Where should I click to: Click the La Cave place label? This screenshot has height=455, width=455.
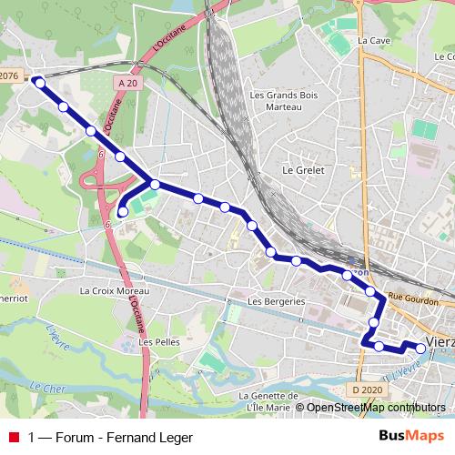[373, 41]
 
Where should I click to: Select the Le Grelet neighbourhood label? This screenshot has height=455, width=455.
[303, 169]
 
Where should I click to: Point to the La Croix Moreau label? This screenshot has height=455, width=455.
[114, 291]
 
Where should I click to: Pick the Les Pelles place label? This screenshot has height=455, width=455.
[157, 342]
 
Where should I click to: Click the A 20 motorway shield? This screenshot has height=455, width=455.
[128, 83]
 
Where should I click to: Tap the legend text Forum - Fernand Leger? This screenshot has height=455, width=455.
[124, 438]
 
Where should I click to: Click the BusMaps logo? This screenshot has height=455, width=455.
[411, 437]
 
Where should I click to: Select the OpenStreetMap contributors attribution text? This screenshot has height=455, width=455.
[376, 407]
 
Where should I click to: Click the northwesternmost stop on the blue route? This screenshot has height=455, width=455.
[39, 83]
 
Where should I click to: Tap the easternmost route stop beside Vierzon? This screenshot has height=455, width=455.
[420, 348]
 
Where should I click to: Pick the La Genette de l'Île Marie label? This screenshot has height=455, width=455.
[269, 401]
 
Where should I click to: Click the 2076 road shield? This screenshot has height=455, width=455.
[9, 76]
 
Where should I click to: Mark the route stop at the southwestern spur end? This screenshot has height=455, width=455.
[124, 212]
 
